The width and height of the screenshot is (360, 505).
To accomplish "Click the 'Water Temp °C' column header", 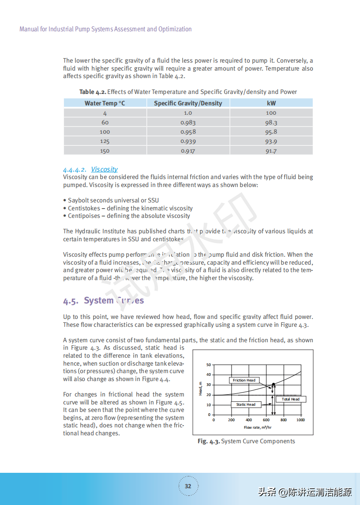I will (105, 103).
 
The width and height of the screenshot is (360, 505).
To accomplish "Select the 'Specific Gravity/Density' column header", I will (188, 103).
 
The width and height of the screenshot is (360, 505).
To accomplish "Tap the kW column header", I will (271, 103).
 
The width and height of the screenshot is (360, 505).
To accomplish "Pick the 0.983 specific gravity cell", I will (188, 123).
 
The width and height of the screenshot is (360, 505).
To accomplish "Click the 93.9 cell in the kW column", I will (271, 142).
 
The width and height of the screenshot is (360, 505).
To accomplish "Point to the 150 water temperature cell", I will (105, 151).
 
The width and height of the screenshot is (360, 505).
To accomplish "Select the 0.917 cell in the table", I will (188, 151).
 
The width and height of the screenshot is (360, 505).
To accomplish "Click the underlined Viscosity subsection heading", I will (104, 169).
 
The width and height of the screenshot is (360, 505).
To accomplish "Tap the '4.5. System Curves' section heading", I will (103, 301).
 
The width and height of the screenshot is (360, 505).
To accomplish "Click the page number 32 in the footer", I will (188, 486).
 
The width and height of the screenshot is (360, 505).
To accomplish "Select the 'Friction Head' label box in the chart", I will (244, 380).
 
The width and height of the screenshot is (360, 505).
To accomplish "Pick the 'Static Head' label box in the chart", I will (246, 404).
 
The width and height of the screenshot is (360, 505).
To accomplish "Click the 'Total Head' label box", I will (290, 399).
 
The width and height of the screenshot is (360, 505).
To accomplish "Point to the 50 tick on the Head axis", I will (209, 365).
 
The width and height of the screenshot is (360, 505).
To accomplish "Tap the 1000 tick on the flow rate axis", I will (300, 420).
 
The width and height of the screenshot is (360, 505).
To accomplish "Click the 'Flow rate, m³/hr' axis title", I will (258, 427).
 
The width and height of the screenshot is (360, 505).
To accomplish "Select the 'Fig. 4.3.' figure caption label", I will (208, 441).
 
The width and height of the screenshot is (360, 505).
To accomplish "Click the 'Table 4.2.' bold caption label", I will (93, 92).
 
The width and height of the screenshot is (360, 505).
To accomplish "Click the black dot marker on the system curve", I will (274, 385).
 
